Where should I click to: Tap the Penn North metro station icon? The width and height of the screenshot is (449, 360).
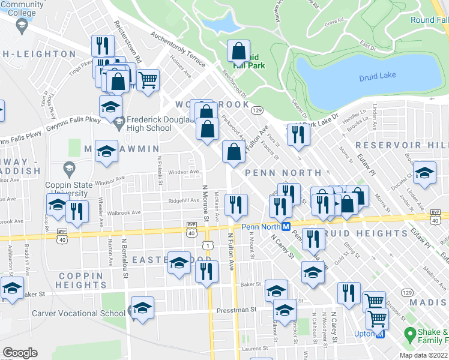point(287,226)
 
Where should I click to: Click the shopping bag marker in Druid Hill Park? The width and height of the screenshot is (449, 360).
point(239,52)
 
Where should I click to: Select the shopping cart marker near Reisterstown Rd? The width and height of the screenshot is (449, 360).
point(147,79)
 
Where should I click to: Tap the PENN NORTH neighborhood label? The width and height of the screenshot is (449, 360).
point(275,173)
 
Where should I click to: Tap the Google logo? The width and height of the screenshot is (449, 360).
point(20,353)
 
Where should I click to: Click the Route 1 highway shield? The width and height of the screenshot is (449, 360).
point(207,245)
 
